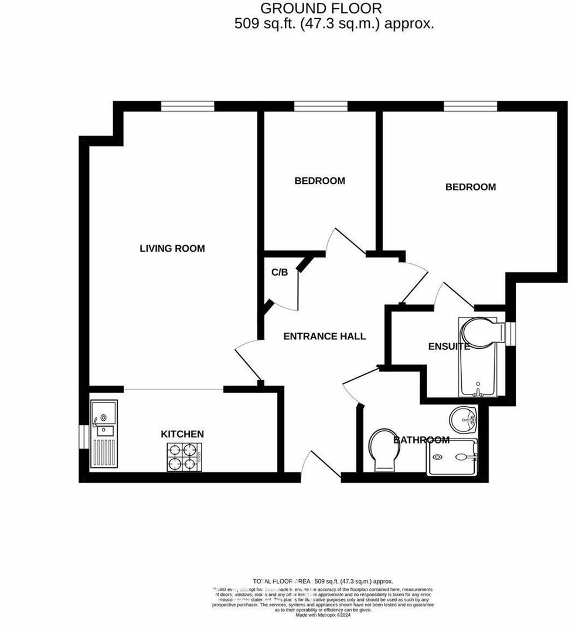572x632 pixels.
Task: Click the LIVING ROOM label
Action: pos(172,249)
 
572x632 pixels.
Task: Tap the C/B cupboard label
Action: pos(280,273)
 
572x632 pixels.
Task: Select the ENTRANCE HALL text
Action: pos(324,336)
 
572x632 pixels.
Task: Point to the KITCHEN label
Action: pos(182,434)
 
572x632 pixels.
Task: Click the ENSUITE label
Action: pos(449,346)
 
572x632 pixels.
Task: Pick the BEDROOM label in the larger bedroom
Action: pos(471,187)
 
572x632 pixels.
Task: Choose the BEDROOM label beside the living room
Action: pos(319,181)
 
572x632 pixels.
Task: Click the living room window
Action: pos(188,106)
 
